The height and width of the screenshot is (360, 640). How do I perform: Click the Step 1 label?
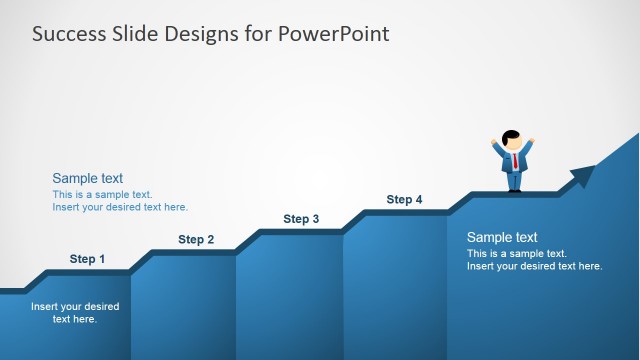coord(87,259)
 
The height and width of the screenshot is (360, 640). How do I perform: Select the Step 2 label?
coord(196,239)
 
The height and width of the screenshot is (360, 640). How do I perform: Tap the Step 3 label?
coord(301,219)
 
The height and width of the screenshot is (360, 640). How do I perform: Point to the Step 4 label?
coord(404,200)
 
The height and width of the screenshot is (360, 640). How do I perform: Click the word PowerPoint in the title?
coord(334,34)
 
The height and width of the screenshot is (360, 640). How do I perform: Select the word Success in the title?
coord(67,34)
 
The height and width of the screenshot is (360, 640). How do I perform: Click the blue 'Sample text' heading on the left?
coord(88,178)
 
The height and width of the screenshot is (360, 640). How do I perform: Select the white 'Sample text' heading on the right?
coord(502,237)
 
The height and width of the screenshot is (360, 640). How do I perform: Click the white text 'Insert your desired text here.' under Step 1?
coord(75,313)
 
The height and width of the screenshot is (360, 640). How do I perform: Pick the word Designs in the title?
coord(205,34)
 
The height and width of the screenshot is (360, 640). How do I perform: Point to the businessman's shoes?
coord(514,190)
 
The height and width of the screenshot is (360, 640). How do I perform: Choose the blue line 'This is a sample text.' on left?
coord(102,194)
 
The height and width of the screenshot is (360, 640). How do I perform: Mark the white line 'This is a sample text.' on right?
coord(517,253)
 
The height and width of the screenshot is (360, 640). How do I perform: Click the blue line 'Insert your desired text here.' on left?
coord(120,207)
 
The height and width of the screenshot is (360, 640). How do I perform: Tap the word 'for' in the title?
coord(258,34)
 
